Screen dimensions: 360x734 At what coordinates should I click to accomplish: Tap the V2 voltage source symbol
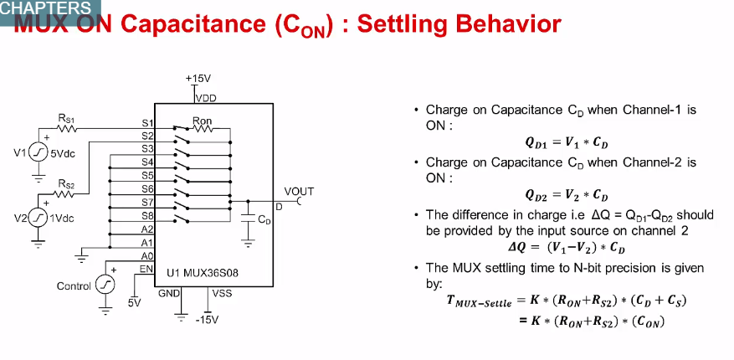[39, 218]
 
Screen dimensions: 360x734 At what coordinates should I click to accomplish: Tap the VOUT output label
[298, 192]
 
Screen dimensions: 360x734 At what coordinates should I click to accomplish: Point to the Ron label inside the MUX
[203, 121]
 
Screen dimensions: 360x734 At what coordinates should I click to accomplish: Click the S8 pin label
[147, 215]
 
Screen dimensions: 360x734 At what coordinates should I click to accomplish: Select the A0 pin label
[147, 255]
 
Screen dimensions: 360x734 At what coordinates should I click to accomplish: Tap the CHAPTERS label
[45, 8]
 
